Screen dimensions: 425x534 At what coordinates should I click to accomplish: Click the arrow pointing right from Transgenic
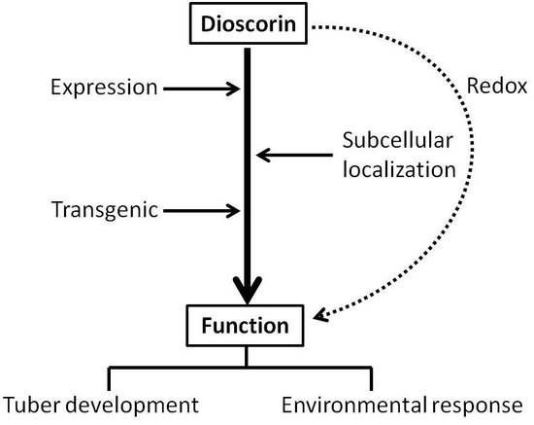click(200, 209)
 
